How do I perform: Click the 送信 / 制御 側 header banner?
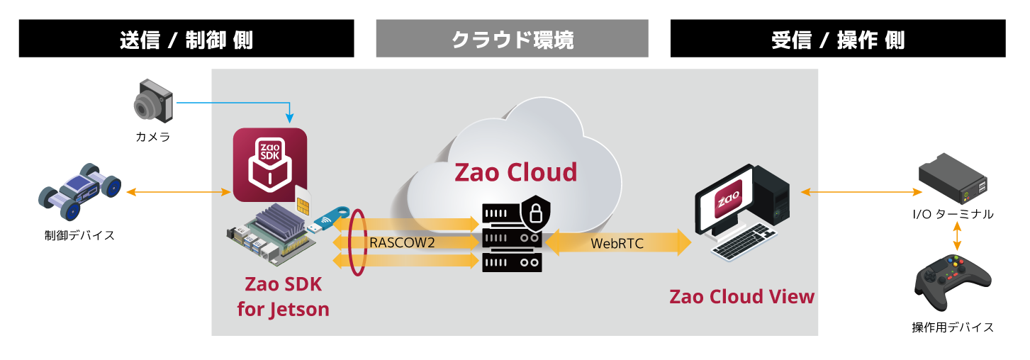186,39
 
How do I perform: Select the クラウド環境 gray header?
512,39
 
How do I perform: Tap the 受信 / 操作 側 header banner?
837,39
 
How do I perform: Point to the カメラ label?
153,137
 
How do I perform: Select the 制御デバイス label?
79,235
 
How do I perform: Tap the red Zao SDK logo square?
269,164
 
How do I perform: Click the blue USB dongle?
330,219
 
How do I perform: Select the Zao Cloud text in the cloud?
515,172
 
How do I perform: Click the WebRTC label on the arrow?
617,243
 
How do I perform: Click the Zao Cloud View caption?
741,296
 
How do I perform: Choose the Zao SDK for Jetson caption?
283,297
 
